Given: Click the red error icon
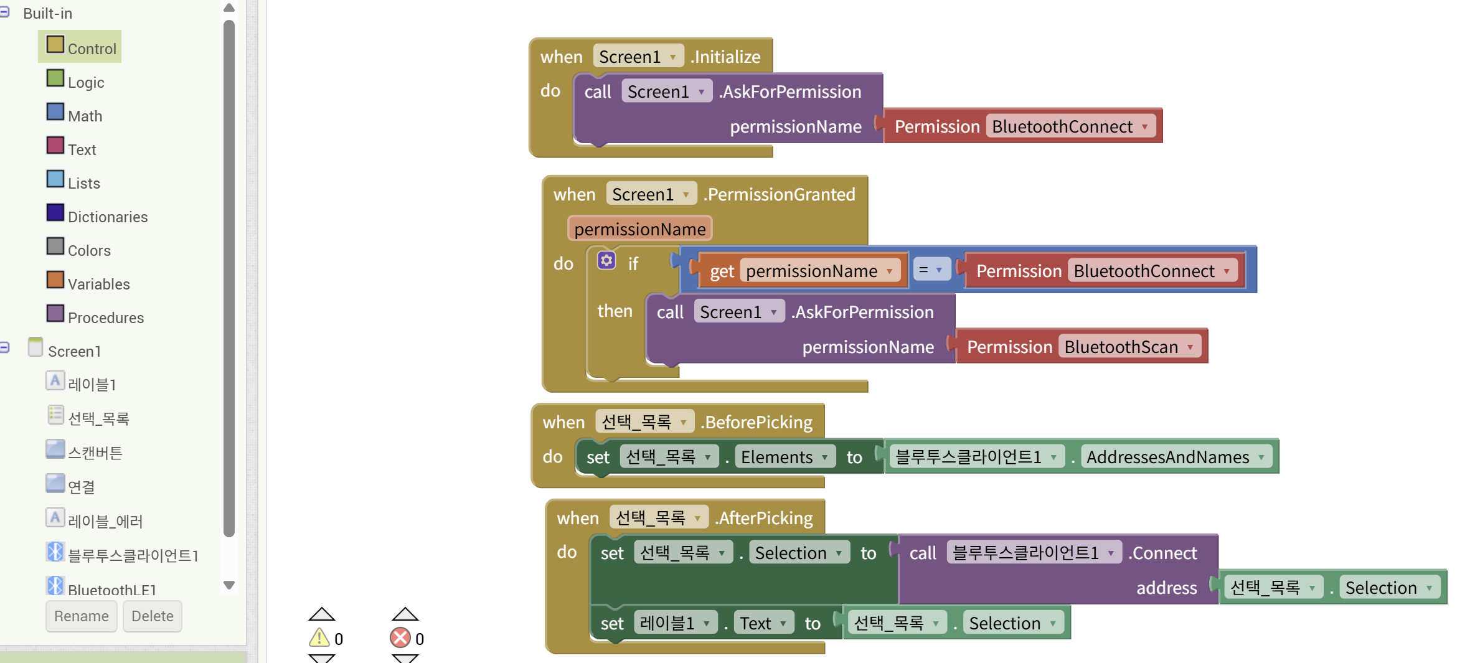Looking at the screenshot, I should coord(400,638).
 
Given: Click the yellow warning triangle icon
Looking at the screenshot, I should coord(319,638).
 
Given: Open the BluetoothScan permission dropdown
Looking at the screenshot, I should coord(1190,347).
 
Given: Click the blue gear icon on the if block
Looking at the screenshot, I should coord(606,261).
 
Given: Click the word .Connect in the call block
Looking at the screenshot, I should coord(1163,553).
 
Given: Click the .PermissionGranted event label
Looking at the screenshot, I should coord(781,195).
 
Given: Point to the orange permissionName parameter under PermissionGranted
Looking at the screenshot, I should coord(639,229).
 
